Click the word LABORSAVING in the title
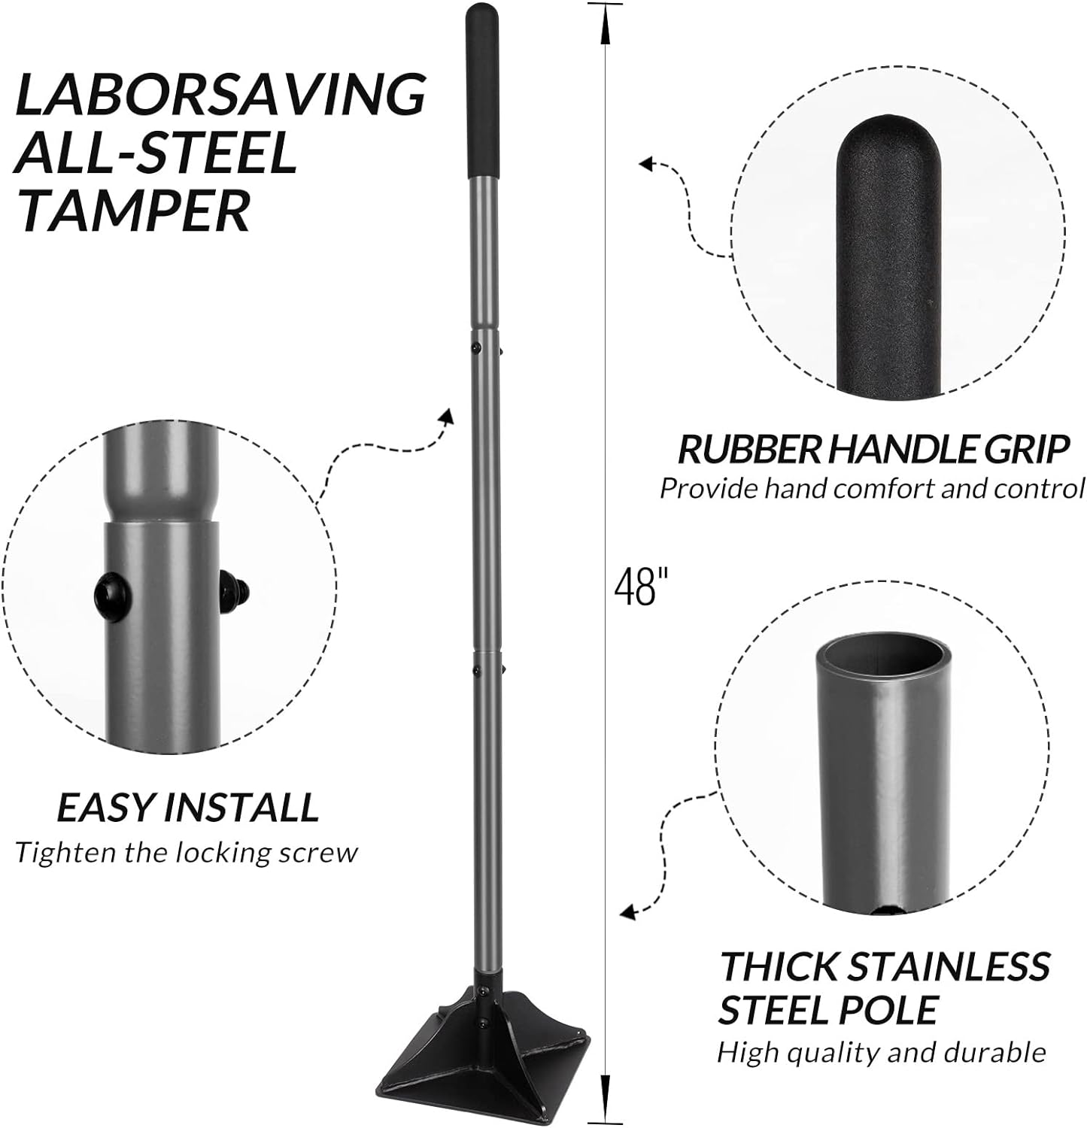pyautogui.click(x=220, y=94)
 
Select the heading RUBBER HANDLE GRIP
pyautogui.click(x=873, y=450)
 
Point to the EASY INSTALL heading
pyautogui.click(x=188, y=808)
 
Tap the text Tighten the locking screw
pyautogui.click(x=187, y=853)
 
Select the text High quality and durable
pyautogui.click(x=881, y=1051)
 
